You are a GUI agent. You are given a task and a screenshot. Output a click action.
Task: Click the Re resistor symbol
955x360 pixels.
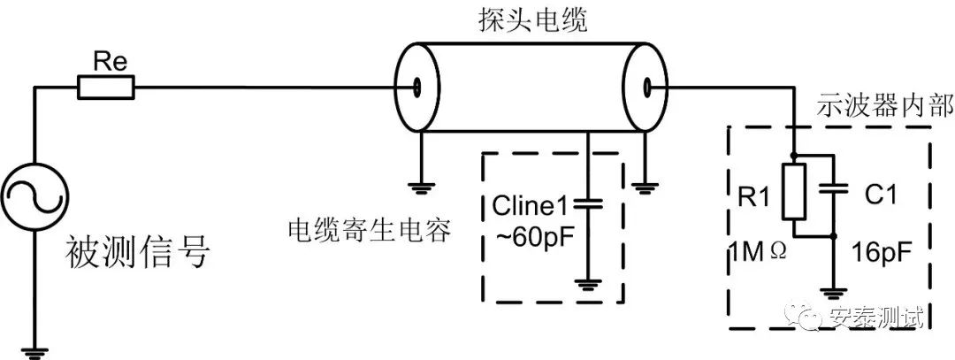tap(105, 88)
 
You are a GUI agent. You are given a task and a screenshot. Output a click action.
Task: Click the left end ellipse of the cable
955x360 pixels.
tap(416, 88)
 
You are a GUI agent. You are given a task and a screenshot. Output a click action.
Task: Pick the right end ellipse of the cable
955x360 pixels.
tap(647, 88)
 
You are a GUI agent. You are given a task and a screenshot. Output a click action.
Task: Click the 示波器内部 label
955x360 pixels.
tap(882, 106)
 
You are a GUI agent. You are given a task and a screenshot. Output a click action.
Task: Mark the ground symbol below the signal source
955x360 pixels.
tap(34, 352)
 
